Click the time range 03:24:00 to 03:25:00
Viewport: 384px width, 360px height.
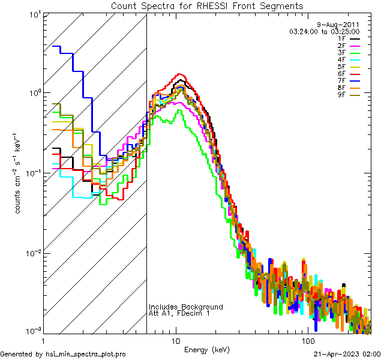tap(324, 31)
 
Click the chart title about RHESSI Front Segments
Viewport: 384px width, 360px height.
tap(207, 6)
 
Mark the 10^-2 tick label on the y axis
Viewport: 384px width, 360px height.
tap(31, 252)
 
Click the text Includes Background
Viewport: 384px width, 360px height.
tap(185, 307)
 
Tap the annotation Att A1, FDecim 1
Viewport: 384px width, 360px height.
tap(179, 313)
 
